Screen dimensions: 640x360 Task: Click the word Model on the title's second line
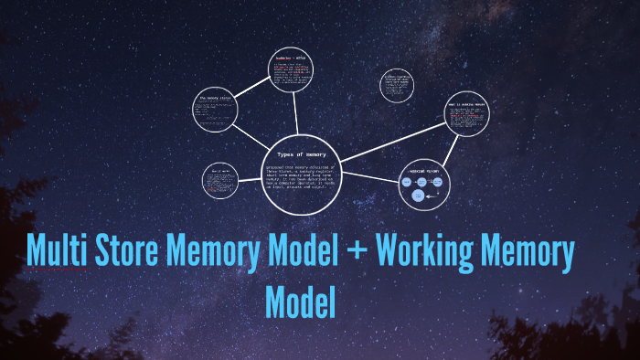pos(301,302)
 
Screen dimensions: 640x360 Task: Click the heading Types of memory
pos(301,155)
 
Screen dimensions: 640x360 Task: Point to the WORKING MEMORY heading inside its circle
pos(425,170)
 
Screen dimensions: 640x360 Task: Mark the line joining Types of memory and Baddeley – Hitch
pos(296,114)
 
